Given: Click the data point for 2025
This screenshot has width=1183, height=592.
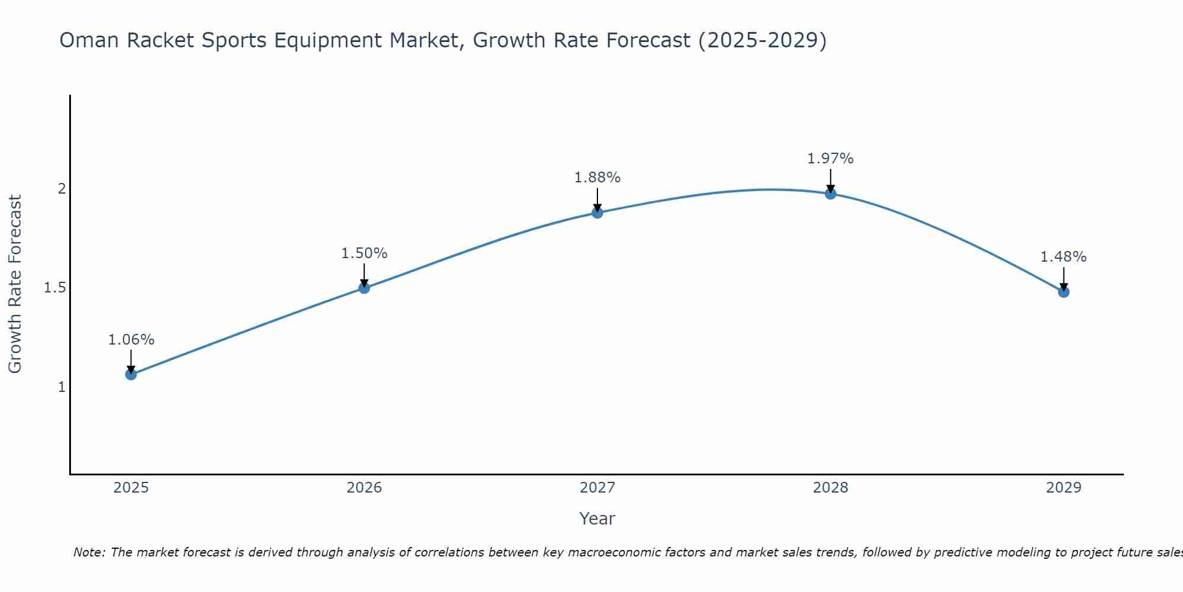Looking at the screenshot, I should click(131, 374).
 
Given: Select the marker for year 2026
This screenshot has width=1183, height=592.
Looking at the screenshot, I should click(364, 288).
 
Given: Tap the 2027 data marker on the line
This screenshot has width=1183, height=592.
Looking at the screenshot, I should click(597, 213).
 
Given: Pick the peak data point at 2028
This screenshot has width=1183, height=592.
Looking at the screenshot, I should click(830, 193).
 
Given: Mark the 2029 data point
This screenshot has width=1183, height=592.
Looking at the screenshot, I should click(1064, 291).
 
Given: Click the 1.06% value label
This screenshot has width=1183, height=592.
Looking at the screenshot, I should click(131, 340).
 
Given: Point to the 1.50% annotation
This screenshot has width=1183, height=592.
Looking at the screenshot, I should click(364, 253).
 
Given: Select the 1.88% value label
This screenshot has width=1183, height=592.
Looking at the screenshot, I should click(597, 178).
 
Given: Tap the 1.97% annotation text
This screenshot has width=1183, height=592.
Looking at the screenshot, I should click(830, 159).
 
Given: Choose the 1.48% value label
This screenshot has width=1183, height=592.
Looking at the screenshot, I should click(1064, 257).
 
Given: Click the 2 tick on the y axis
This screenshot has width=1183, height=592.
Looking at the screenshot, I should click(61, 189).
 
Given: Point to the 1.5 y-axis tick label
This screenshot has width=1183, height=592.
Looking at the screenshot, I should click(54, 288).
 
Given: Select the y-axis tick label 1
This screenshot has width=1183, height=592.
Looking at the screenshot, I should click(61, 387).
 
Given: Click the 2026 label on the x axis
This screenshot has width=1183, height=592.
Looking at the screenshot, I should click(364, 488).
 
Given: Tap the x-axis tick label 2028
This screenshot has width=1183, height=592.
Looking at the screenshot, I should click(830, 488).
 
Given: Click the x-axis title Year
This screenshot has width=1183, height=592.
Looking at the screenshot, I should click(597, 519).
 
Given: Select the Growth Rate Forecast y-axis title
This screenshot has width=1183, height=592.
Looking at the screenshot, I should click(15, 284).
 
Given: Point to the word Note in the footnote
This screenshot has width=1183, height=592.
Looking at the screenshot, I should click(89, 552).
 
